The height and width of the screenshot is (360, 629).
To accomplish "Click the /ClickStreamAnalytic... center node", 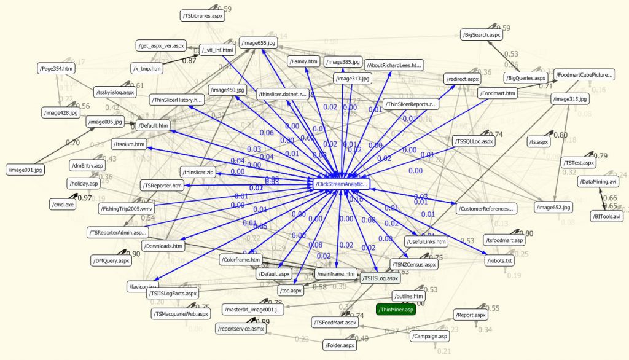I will coord(342,184).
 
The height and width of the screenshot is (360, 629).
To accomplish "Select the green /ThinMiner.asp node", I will coord(397,310).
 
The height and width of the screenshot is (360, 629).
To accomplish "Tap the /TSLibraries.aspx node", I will coord(202,15).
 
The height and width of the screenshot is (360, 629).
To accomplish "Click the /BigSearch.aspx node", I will coord(482,36).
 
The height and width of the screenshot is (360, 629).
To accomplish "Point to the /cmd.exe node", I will coord(62,204).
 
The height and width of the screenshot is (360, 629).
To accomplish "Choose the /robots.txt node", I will coord(500,260).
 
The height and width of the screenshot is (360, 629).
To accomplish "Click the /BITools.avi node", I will coord(606,216).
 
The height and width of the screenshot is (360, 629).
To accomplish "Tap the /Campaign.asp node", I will coord(430,336).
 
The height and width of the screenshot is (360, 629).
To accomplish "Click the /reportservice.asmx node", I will coord(240,329).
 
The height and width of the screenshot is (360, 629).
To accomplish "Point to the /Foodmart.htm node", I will coord(498,93).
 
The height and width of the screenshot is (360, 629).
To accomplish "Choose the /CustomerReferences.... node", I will coord(487,209).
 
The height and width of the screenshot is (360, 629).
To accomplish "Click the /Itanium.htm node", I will coord(130,144).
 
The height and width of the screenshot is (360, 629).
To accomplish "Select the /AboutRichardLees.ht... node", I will coord(394,65).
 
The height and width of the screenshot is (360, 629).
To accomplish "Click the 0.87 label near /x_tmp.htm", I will coord(189,60).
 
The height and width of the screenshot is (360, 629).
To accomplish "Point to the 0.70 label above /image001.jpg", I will coord(72,143).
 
